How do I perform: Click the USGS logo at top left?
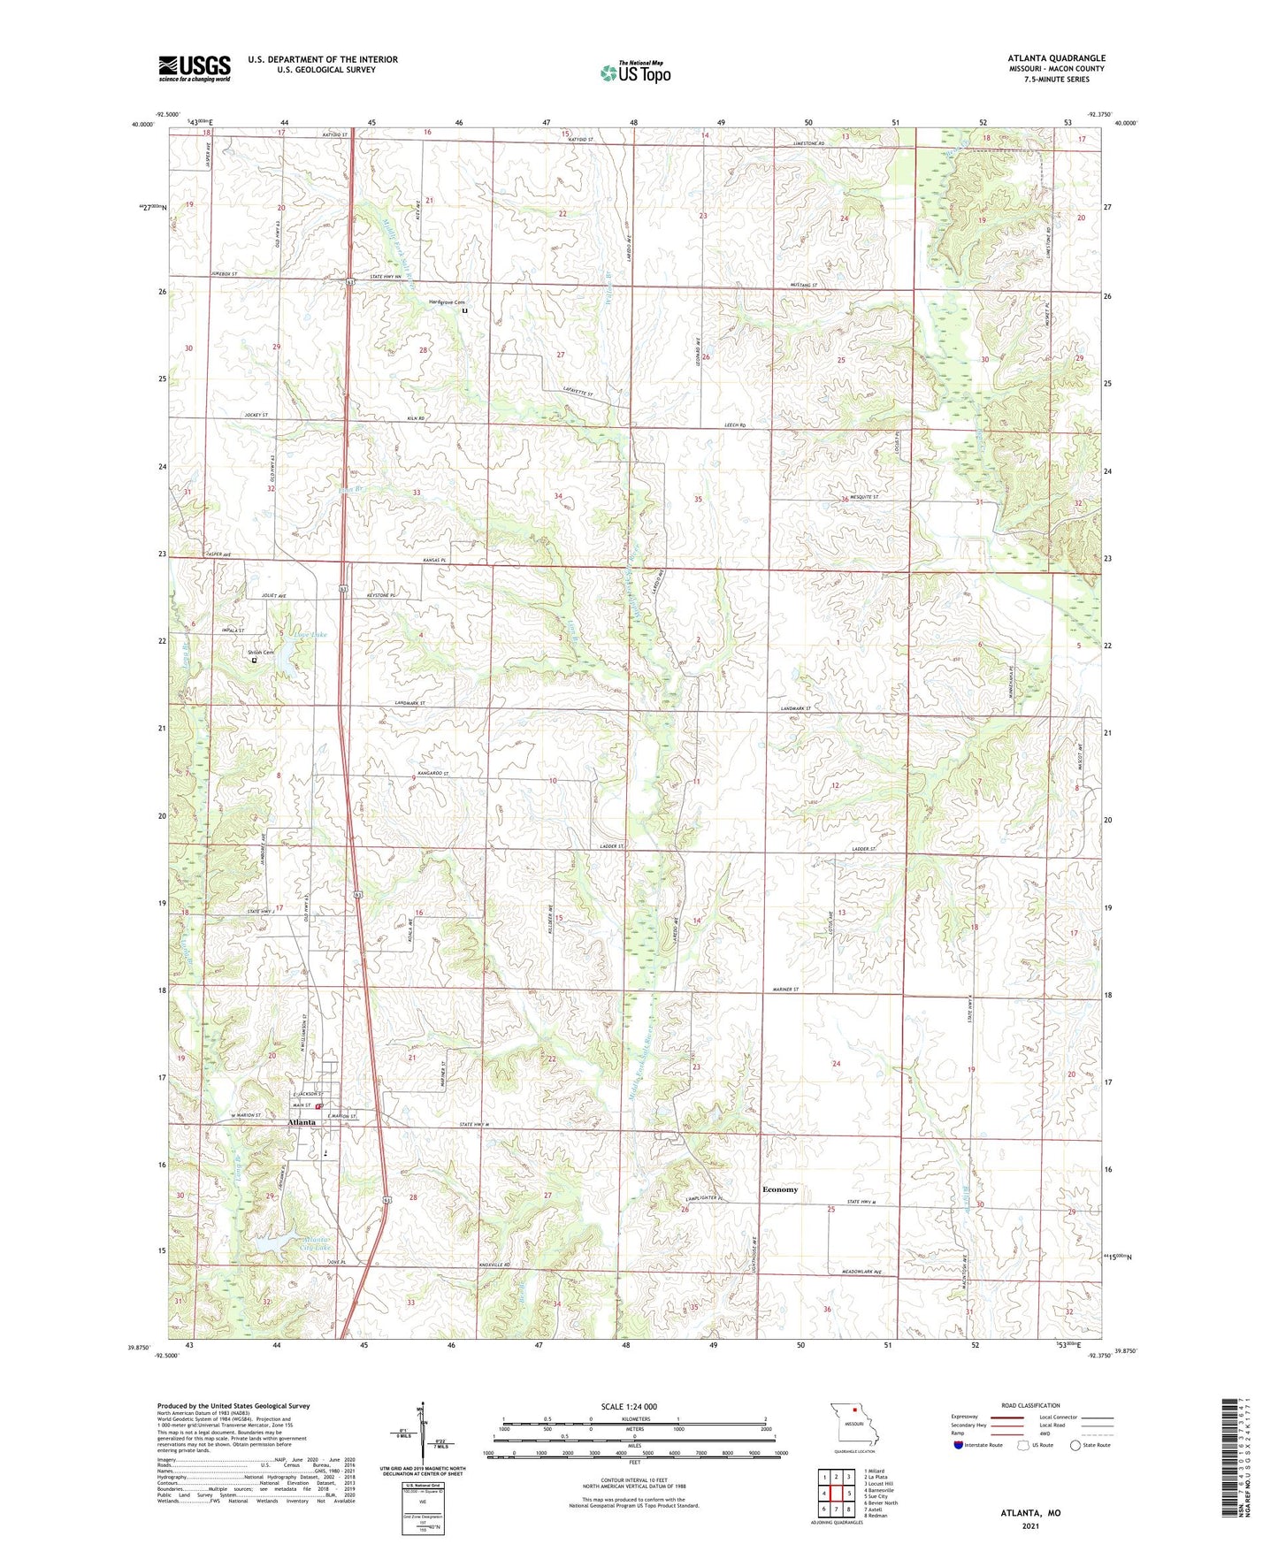pos(195,68)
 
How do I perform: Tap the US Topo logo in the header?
pos(635,73)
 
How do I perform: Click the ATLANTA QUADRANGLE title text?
pos(1056,58)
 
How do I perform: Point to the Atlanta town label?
pos(302,1122)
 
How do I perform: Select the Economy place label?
pos(779,1189)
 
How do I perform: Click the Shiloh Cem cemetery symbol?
pos(255,660)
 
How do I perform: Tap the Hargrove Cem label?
pos(447,302)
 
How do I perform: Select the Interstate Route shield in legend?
pos(959,1444)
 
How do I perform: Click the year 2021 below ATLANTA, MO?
pos(1030,1525)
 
